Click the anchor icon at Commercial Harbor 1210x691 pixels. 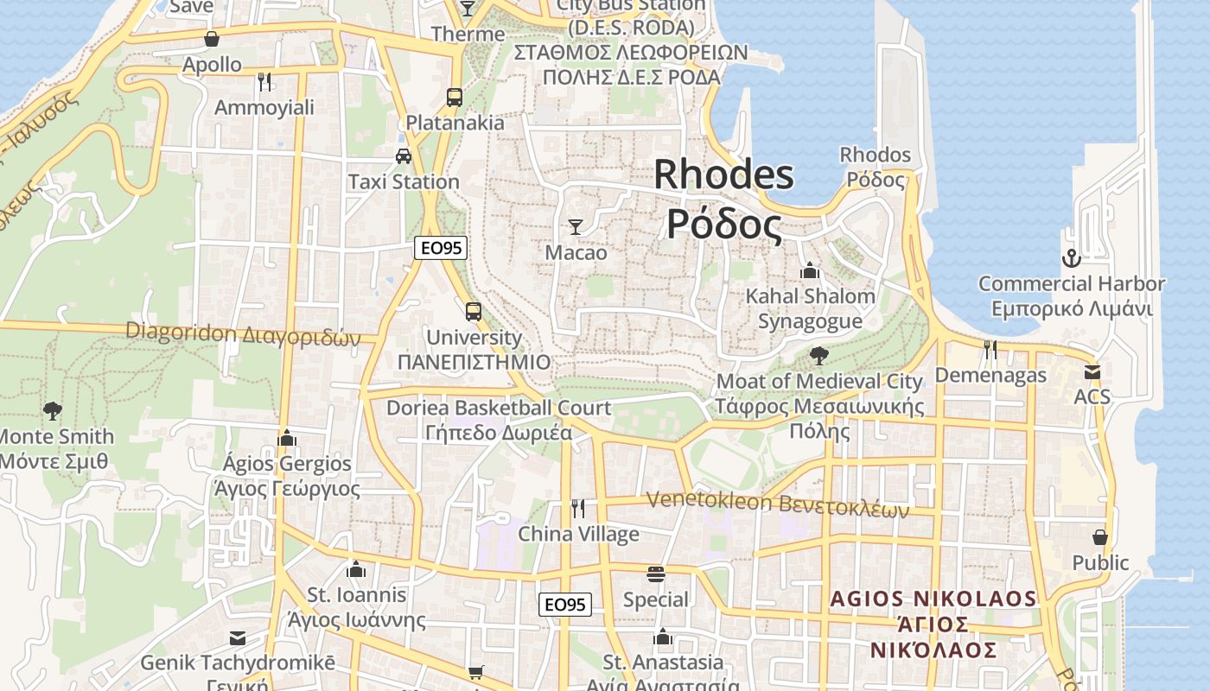tap(1071, 258)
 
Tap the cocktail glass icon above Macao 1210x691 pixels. tap(576, 227)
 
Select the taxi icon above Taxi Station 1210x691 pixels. tap(404, 156)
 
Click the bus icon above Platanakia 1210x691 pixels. tap(455, 97)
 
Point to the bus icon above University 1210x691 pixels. tap(474, 311)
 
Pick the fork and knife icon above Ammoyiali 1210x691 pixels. tap(264, 82)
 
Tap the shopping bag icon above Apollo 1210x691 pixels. tap(212, 39)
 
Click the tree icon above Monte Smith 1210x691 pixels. tap(53, 410)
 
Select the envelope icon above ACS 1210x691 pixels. tap(1092, 372)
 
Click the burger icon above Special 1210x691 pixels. tap(656, 574)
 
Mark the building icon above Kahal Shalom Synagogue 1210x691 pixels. tap(810, 270)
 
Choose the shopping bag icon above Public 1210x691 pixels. tap(1100, 537)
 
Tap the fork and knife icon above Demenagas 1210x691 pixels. tap(990, 350)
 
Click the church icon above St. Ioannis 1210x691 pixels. tap(356, 569)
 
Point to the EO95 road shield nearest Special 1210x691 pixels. tap(565, 605)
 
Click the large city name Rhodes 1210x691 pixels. tap(723, 175)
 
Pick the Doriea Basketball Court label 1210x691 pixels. tap(499, 408)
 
